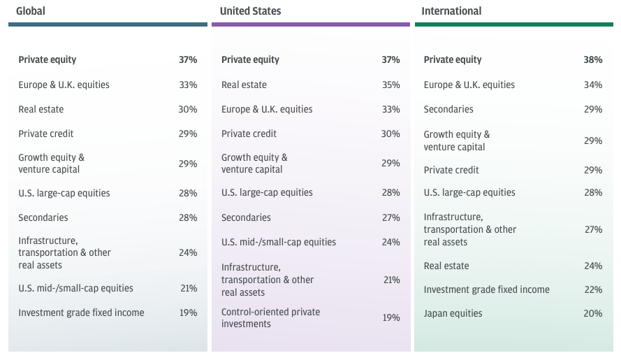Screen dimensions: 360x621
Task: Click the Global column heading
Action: click(x=31, y=11)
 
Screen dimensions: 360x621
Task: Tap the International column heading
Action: click(x=451, y=11)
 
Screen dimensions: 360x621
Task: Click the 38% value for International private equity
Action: click(x=592, y=60)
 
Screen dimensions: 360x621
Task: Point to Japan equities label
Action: click(x=453, y=313)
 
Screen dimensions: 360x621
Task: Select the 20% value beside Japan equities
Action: click(x=592, y=313)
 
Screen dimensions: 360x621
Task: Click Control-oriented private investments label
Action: click(x=270, y=317)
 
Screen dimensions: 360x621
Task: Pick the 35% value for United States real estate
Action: click(x=390, y=85)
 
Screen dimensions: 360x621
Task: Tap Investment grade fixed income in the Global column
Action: click(x=81, y=312)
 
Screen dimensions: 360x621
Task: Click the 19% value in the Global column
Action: click(x=188, y=312)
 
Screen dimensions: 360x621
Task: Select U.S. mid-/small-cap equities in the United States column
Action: click(x=278, y=242)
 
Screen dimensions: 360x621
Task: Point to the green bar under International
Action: click(x=513, y=24)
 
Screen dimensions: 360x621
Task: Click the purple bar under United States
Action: click(x=310, y=24)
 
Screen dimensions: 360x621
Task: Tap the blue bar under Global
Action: click(x=108, y=24)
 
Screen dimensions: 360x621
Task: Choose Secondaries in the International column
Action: click(x=448, y=109)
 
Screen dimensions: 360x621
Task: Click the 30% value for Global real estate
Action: click(x=188, y=109)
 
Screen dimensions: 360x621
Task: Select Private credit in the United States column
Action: click(x=249, y=134)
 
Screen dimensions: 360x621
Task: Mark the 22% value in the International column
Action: click(x=592, y=289)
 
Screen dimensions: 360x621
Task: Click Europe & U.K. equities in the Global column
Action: click(x=64, y=85)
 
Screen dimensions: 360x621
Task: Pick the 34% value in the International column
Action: click(x=592, y=85)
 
